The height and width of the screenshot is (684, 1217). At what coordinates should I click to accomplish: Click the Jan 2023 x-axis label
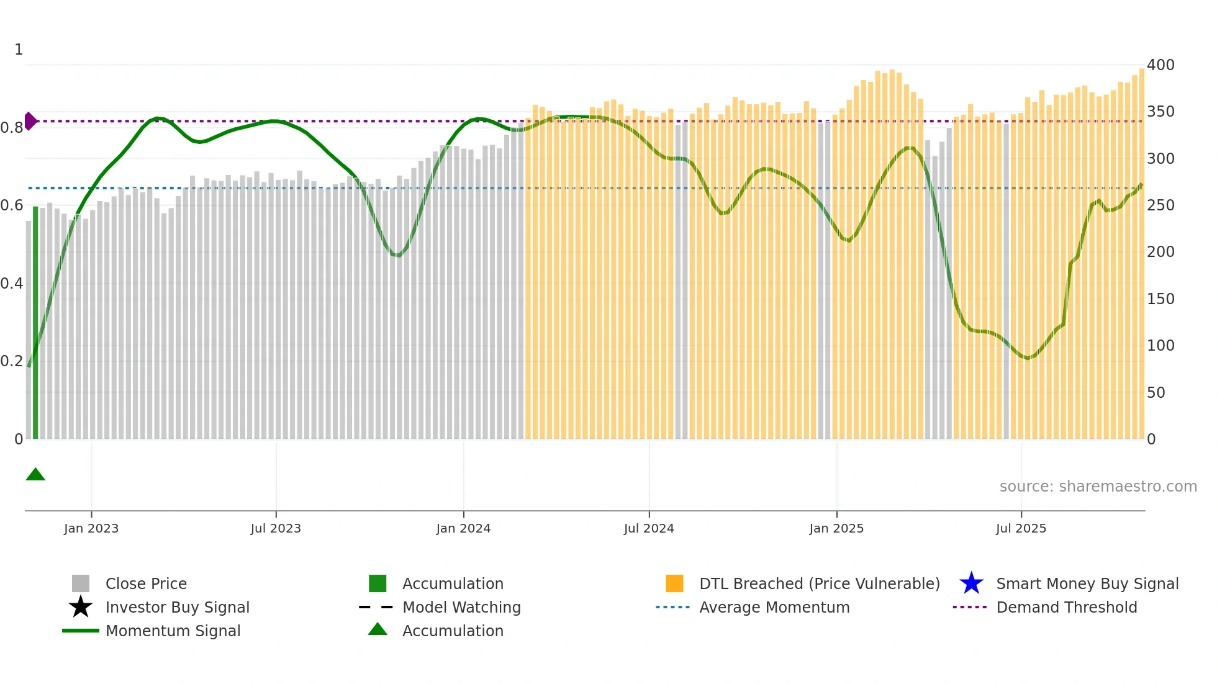coord(91,529)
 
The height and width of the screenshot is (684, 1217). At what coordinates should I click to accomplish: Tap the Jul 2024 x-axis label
coord(649,529)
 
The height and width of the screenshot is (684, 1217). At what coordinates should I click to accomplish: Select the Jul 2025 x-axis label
coord(1021,529)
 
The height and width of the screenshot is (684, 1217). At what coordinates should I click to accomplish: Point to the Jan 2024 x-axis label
coord(463,529)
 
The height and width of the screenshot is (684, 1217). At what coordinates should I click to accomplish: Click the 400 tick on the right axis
coord(1160,65)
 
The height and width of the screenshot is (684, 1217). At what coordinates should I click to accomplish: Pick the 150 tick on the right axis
coord(1160,299)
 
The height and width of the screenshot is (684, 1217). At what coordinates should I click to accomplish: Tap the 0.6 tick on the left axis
coord(12,205)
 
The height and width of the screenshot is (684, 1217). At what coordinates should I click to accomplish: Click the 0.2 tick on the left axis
coord(12,361)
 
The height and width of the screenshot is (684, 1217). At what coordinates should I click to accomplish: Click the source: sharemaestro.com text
coord(1098,487)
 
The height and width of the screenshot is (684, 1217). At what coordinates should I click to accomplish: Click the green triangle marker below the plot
coord(35,475)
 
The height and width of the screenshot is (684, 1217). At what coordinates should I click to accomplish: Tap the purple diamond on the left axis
coord(30,121)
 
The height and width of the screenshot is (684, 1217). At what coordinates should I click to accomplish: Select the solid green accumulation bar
coord(35,323)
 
